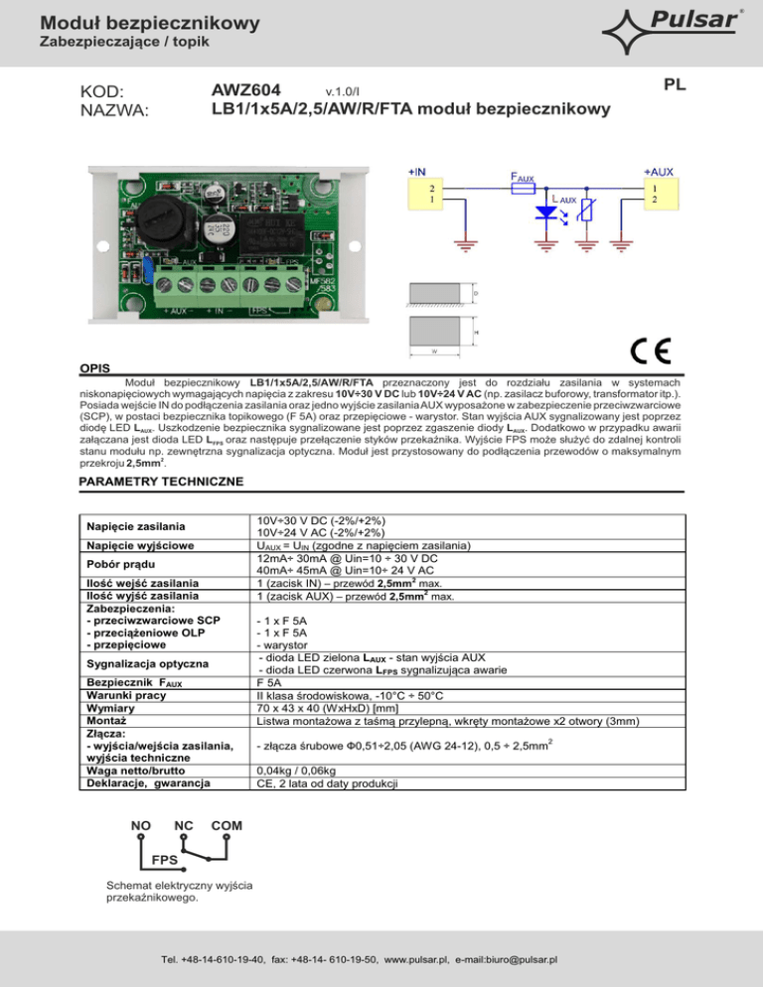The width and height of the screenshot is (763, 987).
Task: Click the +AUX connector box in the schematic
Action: pos(655,194)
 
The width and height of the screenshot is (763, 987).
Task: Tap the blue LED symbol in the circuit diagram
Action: pos(544,213)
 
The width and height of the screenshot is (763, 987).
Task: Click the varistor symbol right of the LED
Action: pos(589,211)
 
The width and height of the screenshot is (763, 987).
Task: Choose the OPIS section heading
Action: pos(94,366)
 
